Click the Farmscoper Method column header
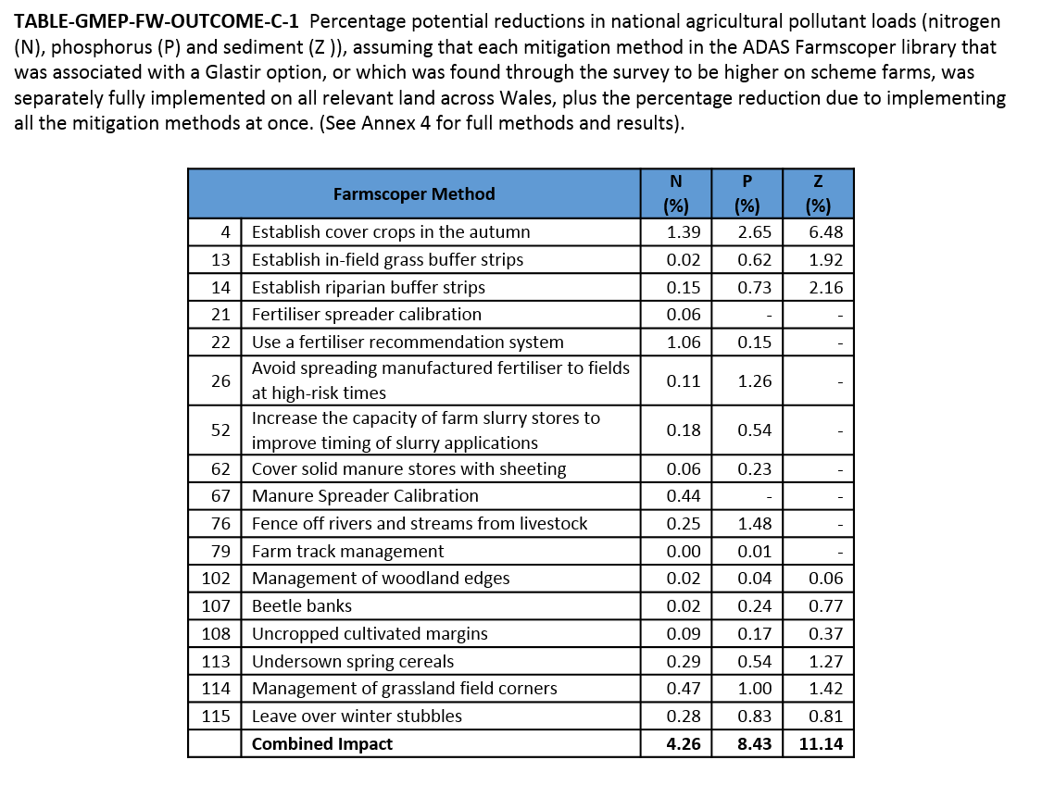point(413,193)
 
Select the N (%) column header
point(675,193)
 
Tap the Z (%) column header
point(817,193)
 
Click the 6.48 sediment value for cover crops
point(825,232)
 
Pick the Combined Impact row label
point(322,744)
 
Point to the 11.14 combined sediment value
point(820,744)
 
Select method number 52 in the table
point(220,430)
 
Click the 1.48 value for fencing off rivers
point(755,524)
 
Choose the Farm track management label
point(347,552)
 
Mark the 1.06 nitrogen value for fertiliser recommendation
point(684,343)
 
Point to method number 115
point(216,716)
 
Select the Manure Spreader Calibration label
point(365,496)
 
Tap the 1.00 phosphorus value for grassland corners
point(755,689)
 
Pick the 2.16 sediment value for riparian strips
point(825,288)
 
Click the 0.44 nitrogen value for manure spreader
point(684,496)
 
